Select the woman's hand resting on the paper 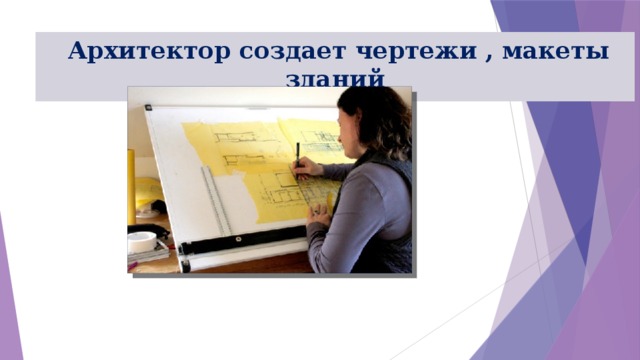pyautogui.click(x=319, y=211)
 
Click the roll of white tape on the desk pyautogui.click(x=142, y=241)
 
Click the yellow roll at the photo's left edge pyautogui.click(x=132, y=185)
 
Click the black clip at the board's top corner pyautogui.click(x=147, y=107)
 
